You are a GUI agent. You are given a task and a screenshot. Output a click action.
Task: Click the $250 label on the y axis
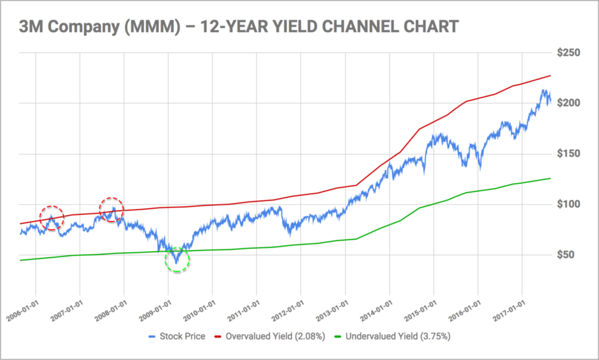pos(569,53)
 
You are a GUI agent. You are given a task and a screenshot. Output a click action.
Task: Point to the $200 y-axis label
pos(569,104)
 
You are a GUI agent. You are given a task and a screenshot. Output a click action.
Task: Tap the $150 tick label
pos(569,154)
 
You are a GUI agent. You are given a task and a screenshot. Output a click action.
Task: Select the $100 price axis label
pos(569,204)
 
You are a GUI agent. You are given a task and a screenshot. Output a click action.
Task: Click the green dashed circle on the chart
pos(177,259)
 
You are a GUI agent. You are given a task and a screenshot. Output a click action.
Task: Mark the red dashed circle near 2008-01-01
pos(111,210)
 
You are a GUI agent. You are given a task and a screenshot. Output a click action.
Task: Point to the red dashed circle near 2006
pos(51,218)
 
